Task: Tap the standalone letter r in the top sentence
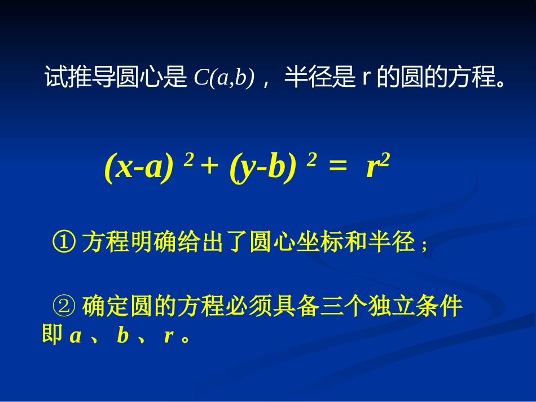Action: (365, 78)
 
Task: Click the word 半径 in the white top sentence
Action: (301, 78)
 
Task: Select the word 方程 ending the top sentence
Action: (471, 78)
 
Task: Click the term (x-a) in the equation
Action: (138, 167)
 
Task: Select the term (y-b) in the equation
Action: (263, 167)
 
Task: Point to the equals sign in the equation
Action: (337, 168)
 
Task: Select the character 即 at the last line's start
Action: (52, 337)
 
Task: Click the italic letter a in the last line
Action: (76, 337)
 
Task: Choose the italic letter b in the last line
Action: (123, 337)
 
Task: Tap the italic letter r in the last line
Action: (168, 337)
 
